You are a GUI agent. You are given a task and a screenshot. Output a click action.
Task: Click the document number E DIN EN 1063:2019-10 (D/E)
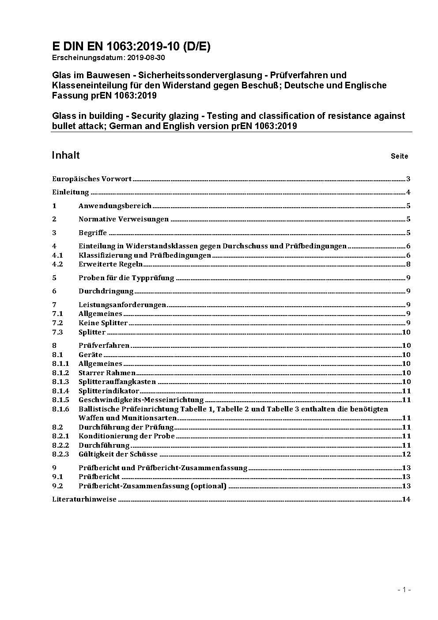pos(131,47)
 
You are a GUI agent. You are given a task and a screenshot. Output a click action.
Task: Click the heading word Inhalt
pos(66,155)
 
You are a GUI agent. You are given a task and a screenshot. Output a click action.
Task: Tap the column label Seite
pos(399,156)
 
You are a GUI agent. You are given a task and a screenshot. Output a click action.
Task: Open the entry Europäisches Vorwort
pos(92,179)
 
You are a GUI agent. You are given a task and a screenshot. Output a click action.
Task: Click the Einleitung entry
pos(71,192)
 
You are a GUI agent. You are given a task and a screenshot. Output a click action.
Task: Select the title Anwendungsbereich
pos(115,206)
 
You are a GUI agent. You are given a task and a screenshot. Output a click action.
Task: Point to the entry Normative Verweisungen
pos(124,219)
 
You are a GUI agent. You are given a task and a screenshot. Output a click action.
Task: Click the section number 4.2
pos(57,264)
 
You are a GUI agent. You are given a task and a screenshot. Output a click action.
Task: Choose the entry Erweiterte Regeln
pos(110,264)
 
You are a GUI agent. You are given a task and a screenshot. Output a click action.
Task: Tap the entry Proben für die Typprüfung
pos(126,278)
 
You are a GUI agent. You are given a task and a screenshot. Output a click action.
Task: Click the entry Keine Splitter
pos(103,323)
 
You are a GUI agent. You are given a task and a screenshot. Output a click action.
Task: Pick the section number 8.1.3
pos(60,382)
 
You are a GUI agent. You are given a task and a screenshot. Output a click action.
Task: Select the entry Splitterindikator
pos(109,391)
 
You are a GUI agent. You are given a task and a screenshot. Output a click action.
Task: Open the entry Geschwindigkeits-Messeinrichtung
pos(141,400)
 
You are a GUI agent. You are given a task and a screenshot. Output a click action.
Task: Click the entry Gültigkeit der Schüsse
pos(118,454)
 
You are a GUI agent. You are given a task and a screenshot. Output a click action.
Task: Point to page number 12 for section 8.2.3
pos(406,454)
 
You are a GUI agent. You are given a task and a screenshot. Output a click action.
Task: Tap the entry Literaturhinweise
pos(84,499)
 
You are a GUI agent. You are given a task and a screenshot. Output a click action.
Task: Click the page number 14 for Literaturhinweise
pos(406,499)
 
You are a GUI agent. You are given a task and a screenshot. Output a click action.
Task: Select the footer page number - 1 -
pos(404,590)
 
